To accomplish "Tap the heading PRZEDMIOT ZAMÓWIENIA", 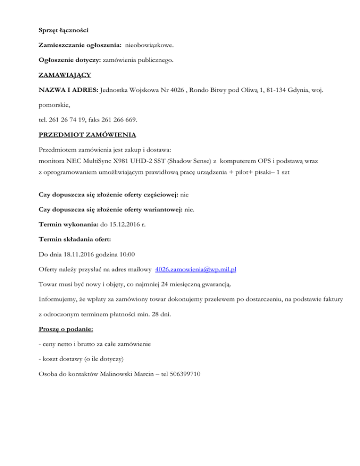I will [87, 135].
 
